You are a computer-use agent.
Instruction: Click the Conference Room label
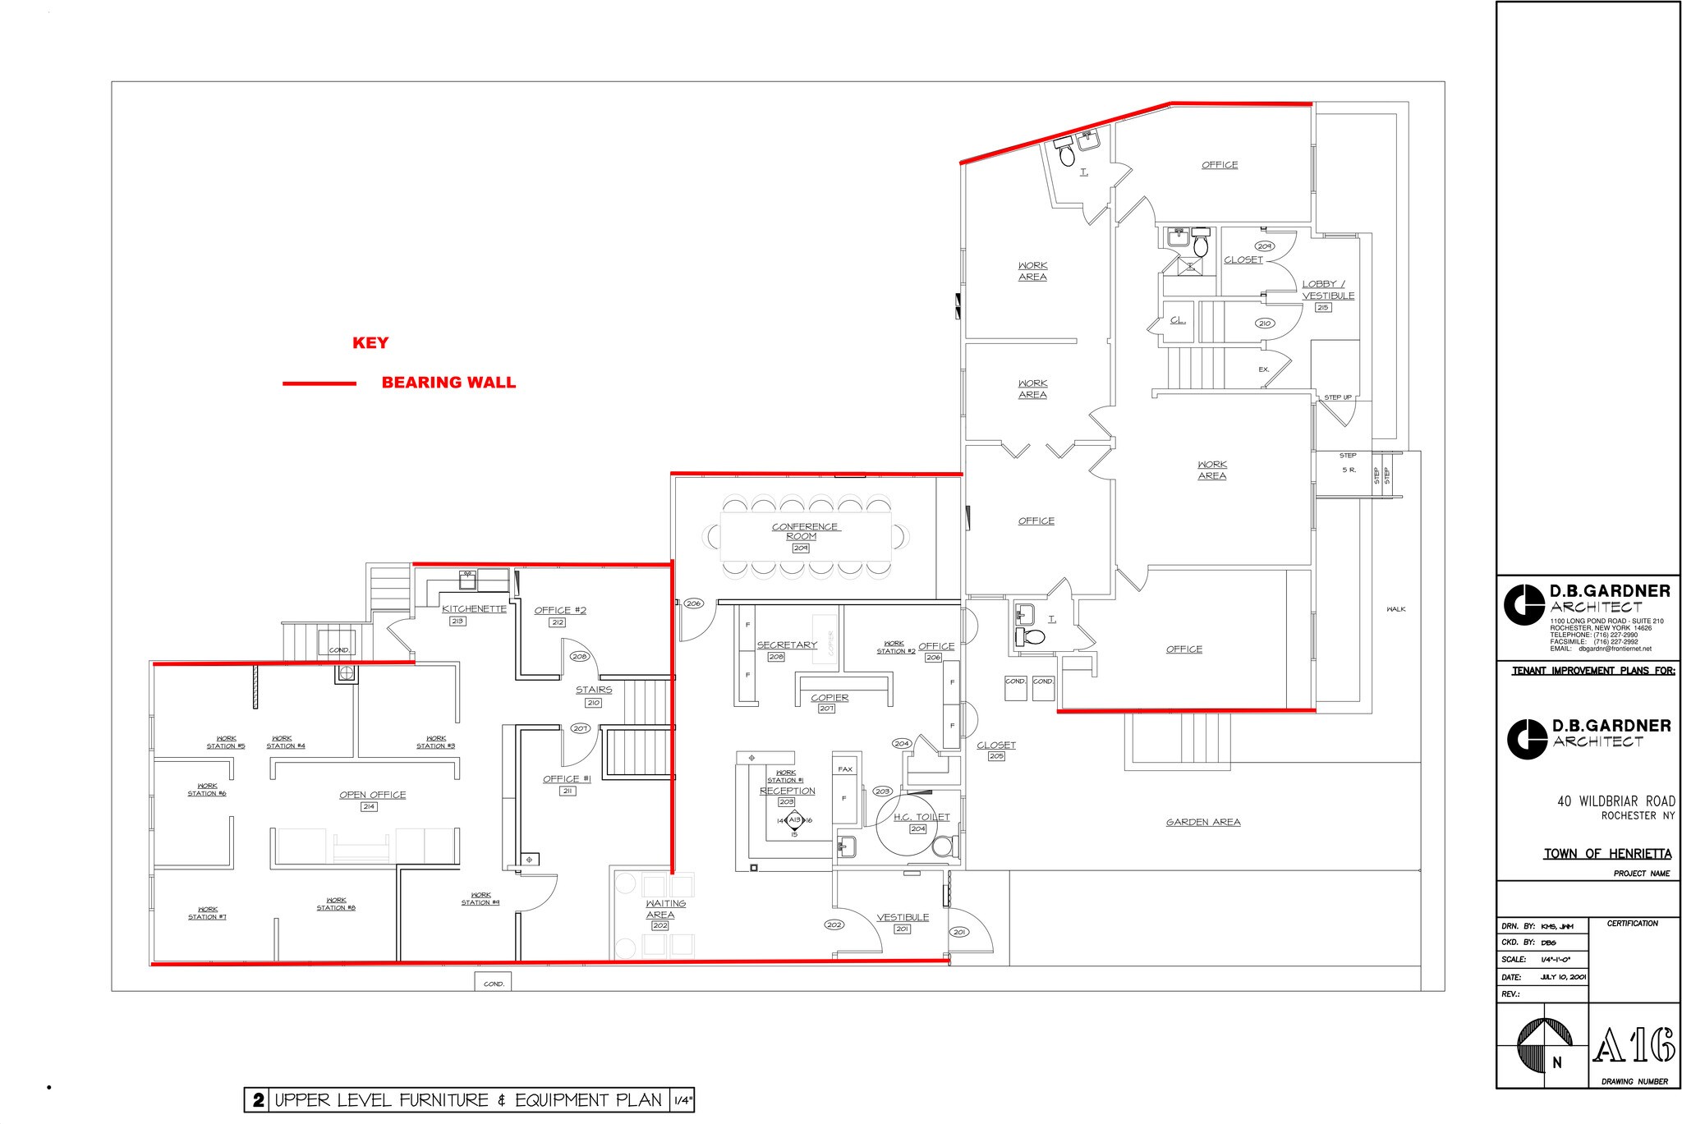[x=805, y=531]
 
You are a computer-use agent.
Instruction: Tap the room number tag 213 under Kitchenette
[x=457, y=622]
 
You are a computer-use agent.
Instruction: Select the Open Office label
[x=372, y=795]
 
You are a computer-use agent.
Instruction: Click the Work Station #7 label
[x=207, y=913]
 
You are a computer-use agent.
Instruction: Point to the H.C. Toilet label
[x=921, y=817]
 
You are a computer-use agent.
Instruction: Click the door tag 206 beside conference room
[x=693, y=603]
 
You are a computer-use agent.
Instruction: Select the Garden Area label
[x=1203, y=822]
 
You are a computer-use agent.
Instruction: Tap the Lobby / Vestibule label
[x=1328, y=290]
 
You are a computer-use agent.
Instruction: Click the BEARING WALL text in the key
[x=448, y=383]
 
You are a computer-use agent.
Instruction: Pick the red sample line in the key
[x=319, y=383]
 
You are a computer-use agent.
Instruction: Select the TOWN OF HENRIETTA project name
[x=1606, y=854]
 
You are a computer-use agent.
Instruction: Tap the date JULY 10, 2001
[x=1564, y=977]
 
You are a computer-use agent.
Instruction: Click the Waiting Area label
[x=664, y=909]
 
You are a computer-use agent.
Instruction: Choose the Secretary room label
[x=787, y=645]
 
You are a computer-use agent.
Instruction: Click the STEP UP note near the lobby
[x=1337, y=397]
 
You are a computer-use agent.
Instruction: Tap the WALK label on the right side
[x=1395, y=609]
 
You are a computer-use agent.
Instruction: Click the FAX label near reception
[x=844, y=769]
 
